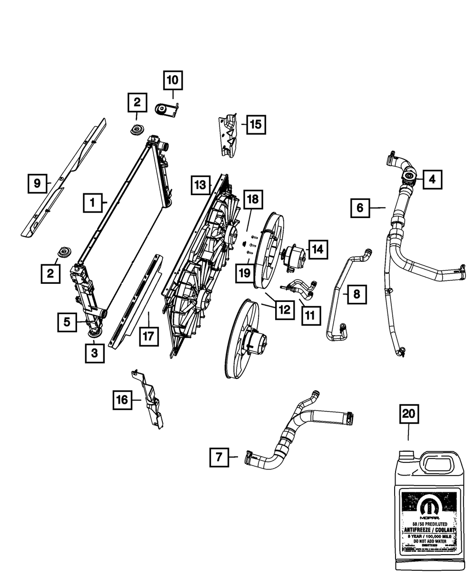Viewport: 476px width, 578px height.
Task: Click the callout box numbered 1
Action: coord(93,203)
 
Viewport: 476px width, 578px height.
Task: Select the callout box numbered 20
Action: coord(408,415)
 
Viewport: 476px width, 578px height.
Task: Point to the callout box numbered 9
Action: coord(37,183)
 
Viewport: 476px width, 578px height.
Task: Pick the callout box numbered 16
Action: coord(122,400)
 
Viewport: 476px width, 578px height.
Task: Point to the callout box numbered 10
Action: coord(173,80)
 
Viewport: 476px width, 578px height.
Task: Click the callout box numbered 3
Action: coord(95,353)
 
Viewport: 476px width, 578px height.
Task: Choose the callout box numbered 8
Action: coord(357,294)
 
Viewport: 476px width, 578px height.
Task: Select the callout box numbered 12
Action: coord(284,309)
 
